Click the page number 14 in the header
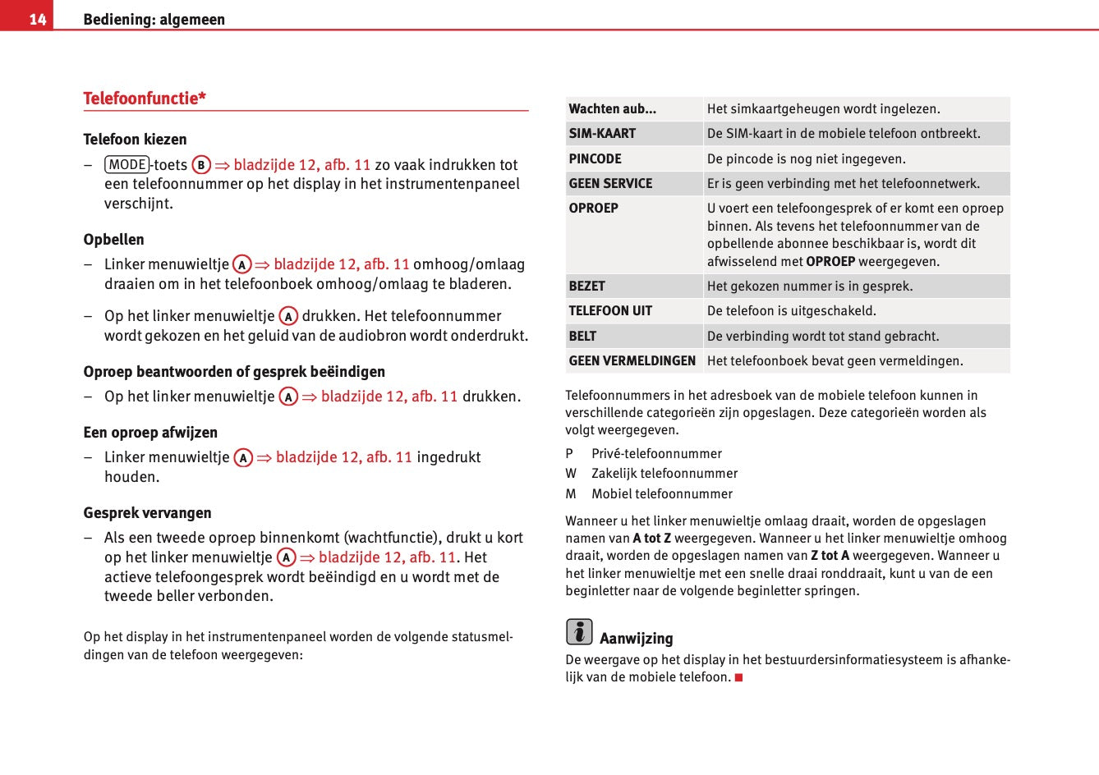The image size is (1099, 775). click(37, 19)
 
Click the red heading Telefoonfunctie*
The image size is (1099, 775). click(145, 99)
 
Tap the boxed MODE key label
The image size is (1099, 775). click(127, 164)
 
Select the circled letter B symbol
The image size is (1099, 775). click(201, 165)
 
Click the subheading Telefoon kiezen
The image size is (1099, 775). click(135, 140)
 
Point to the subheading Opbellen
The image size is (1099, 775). click(113, 240)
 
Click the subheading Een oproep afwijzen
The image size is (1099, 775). click(150, 433)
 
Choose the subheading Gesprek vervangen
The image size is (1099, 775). click(147, 513)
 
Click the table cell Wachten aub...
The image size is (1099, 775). click(612, 109)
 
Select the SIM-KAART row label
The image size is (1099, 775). click(602, 134)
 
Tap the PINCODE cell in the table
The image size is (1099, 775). click(595, 159)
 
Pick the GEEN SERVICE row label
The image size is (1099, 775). click(610, 184)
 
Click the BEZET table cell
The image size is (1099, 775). click(586, 287)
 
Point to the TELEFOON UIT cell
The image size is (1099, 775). click(610, 311)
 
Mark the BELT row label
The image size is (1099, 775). click(582, 337)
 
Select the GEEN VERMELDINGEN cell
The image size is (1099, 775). click(632, 361)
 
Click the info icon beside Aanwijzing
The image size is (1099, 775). click(579, 631)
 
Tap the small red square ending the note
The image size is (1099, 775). click(738, 677)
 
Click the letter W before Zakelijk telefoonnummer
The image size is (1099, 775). click(571, 474)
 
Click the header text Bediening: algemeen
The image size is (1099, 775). click(154, 20)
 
